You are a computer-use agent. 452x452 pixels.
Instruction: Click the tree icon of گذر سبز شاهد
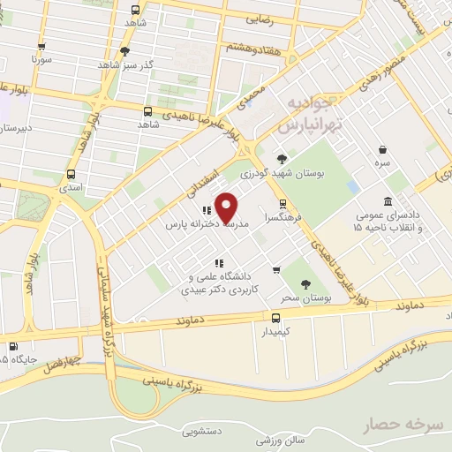(x=124, y=50)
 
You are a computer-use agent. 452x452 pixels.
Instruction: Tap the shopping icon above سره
(x=382, y=149)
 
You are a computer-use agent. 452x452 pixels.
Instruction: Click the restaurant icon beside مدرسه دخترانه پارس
(x=206, y=210)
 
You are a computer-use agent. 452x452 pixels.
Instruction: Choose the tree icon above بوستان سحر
(x=305, y=283)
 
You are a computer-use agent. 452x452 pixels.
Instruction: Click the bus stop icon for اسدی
(x=72, y=174)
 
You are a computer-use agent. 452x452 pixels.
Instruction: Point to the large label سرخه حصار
(x=402, y=426)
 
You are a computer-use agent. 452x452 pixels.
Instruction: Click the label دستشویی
(x=202, y=433)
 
